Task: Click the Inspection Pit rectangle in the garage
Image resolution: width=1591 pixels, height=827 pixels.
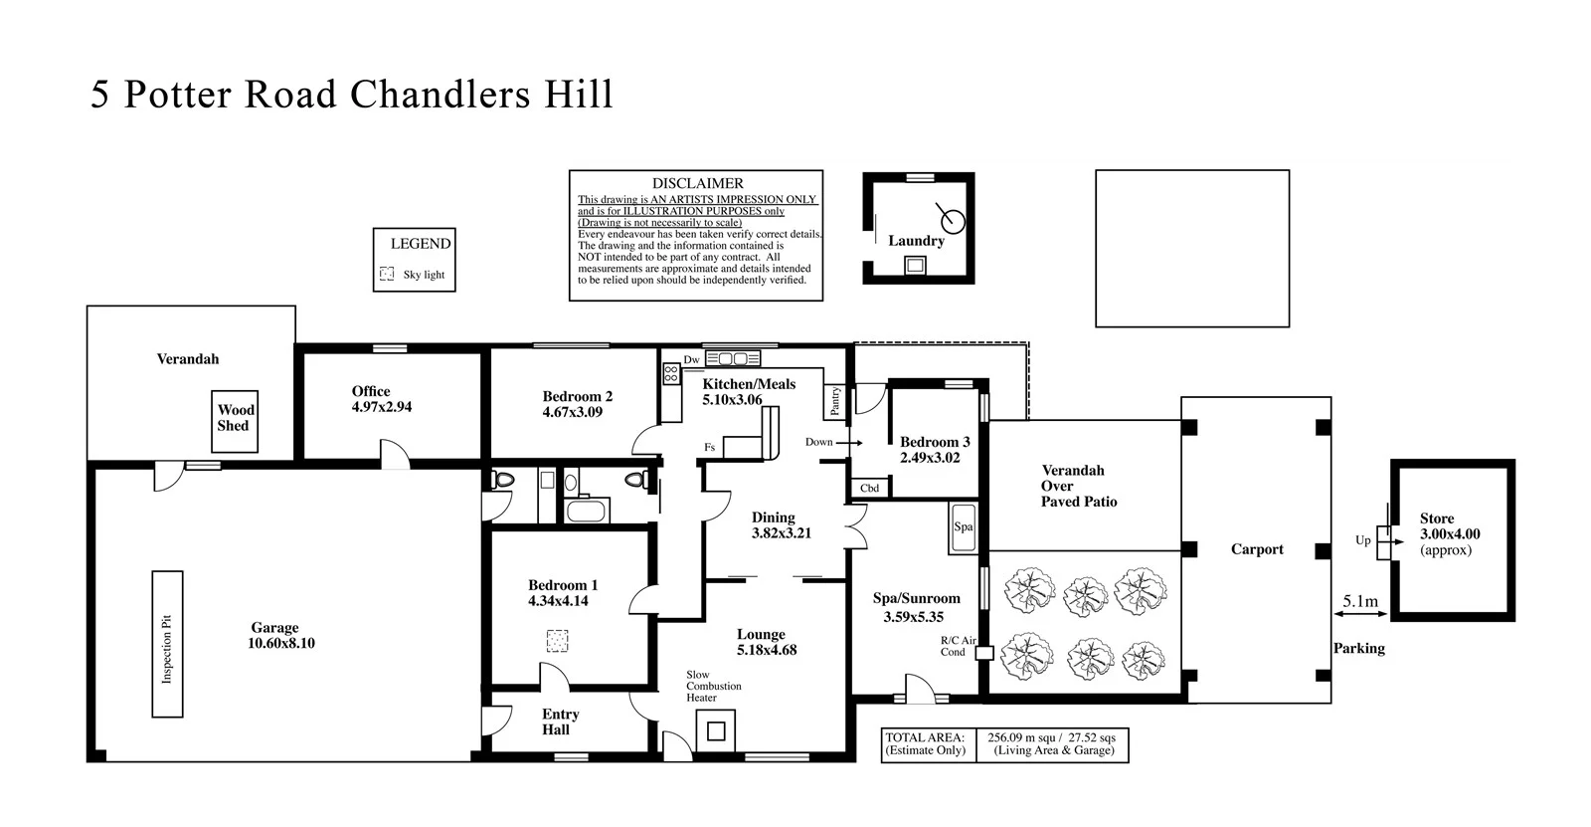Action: (167, 643)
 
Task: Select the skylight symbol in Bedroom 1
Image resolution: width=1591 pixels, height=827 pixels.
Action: (558, 640)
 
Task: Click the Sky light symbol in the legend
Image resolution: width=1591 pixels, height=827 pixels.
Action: (387, 274)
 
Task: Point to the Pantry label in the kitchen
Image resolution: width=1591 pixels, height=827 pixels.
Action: (835, 402)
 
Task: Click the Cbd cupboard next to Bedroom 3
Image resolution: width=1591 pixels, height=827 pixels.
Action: (870, 489)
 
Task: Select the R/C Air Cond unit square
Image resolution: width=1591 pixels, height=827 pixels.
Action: (984, 654)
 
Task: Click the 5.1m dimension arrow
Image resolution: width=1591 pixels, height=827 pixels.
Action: (1360, 614)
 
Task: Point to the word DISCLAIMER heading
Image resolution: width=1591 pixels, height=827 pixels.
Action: (697, 183)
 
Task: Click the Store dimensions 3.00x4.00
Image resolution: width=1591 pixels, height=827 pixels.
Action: (1450, 534)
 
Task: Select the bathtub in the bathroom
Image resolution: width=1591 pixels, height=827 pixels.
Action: (585, 512)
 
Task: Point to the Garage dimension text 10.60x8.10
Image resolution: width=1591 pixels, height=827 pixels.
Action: (280, 643)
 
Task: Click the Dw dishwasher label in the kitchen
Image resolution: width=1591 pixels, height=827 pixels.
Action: (692, 359)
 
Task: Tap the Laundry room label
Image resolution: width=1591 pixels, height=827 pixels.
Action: (916, 241)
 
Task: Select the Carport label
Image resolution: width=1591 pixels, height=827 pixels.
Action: (1257, 549)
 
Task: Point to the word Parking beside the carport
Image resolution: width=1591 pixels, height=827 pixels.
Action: (1358, 648)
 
